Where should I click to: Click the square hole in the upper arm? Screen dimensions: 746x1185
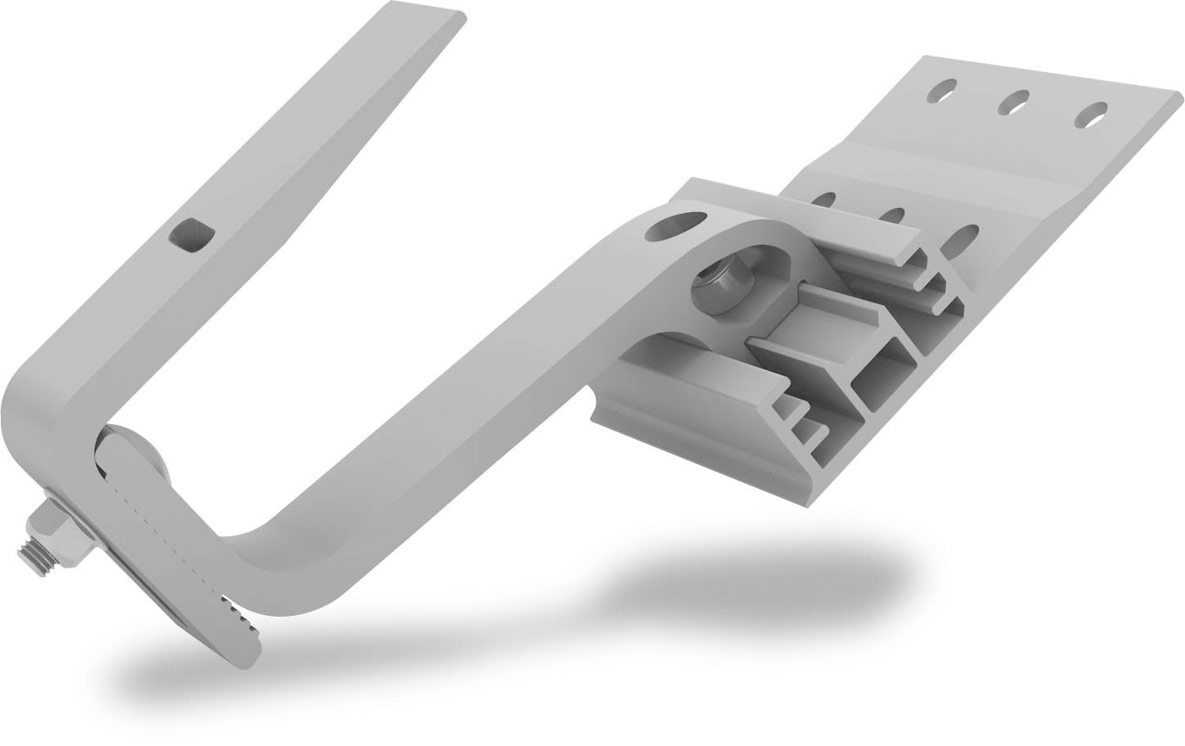click(x=190, y=237)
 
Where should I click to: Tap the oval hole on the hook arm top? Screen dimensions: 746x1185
click(x=676, y=225)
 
